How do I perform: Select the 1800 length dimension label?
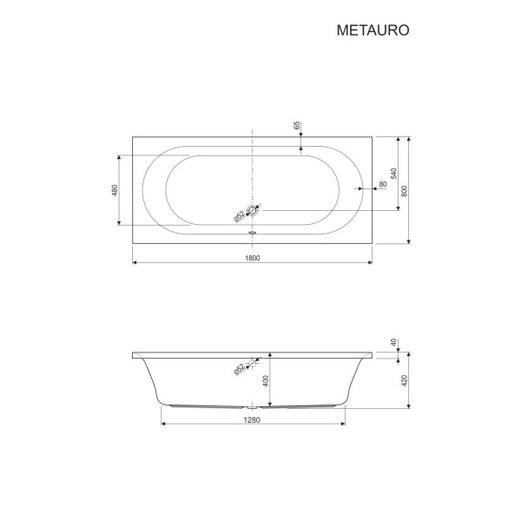[x=252, y=258]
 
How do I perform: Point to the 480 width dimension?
[x=115, y=190]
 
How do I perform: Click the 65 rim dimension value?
[x=297, y=126]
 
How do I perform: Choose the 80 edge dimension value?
[x=382, y=185]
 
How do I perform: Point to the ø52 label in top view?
[x=237, y=217]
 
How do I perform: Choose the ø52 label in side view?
[x=238, y=369]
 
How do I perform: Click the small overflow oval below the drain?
[x=253, y=232]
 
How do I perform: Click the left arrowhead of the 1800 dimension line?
[x=135, y=263]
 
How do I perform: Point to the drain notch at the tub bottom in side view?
[x=253, y=406]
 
